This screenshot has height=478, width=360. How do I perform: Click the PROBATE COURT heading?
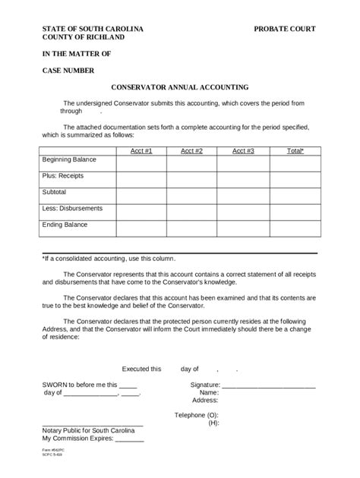(x=285, y=28)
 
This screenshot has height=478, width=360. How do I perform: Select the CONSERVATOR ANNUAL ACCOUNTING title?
(x=180, y=87)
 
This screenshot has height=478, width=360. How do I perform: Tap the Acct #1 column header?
(x=141, y=151)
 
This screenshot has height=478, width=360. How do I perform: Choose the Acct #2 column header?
(x=191, y=151)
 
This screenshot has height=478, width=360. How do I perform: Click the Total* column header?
(x=295, y=151)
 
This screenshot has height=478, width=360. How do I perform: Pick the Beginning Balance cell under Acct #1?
(x=141, y=163)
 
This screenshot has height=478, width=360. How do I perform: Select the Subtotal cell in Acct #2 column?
(x=191, y=195)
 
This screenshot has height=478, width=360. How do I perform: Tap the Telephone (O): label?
(x=197, y=415)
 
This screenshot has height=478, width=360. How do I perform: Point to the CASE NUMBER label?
(x=68, y=71)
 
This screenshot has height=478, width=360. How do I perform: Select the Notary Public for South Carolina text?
(x=93, y=430)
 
